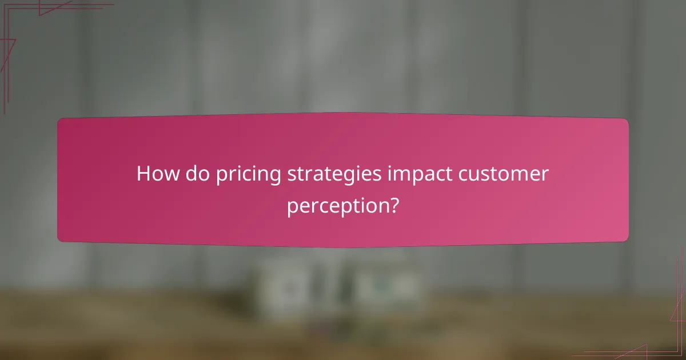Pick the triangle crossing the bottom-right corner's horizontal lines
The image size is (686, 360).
(x=632, y=351)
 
